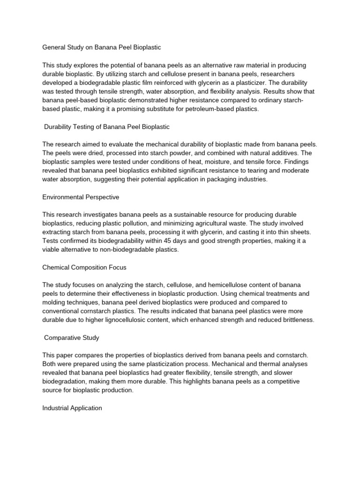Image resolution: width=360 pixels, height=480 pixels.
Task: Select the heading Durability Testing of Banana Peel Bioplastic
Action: [107, 127]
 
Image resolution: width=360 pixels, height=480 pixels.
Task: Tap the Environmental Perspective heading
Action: [81, 197]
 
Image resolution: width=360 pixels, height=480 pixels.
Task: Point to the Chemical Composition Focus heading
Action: [84, 267]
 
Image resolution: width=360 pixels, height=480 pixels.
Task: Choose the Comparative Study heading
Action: [72, 337]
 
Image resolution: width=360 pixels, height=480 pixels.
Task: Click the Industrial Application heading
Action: [72, 408]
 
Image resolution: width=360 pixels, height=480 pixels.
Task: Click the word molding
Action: [56, 302]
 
